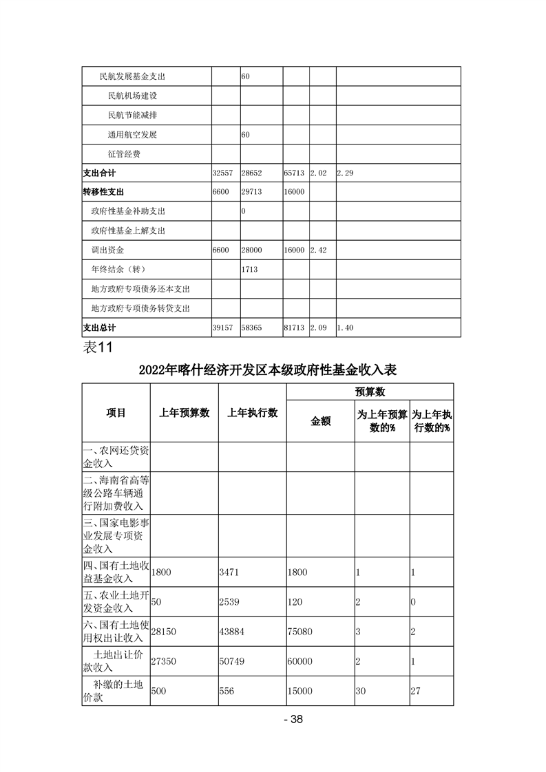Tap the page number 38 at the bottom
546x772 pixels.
tap(294, 720)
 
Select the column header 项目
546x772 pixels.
tap(116, 413)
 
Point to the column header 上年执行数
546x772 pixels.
tap(252, 413)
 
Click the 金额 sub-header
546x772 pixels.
tap(320, 421)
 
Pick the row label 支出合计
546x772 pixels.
tap(99, 173)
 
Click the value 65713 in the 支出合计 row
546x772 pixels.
tap(294, 173)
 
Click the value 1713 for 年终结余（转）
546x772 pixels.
tap(249, 270)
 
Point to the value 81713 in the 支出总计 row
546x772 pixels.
tap(294, 328)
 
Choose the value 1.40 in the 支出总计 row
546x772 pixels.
tap(344, 328)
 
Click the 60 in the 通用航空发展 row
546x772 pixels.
tap(245, 135)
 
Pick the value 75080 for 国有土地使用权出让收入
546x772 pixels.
tap(303, 632)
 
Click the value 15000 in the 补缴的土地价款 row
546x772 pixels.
tap(303, 691)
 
